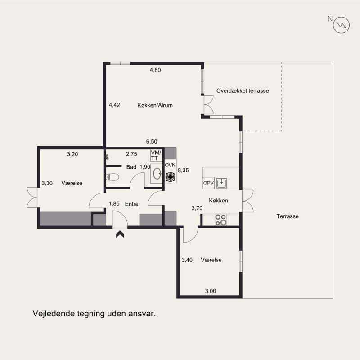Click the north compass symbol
pos(341,25)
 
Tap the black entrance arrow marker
pos(120,234)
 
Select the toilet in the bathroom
pos(112,177)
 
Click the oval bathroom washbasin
pos(157,174)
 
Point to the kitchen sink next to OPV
pos(221,183)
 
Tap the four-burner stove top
pos(220,220)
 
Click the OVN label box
pos(171,165)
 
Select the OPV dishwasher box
pos(208,183)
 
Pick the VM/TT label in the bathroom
pos(156,155)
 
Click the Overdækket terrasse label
pos(243,91)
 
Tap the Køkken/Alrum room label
pos(155,105)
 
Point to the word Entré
pos(132,204)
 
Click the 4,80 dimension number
pos(155,70)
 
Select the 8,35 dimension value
pos(183,171)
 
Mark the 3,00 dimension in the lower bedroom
pos(211,291)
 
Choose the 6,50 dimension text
pos(152,142)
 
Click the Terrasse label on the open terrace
pos(288,216)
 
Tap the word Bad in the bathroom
pos(131,167)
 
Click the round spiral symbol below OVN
pos(171,177)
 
